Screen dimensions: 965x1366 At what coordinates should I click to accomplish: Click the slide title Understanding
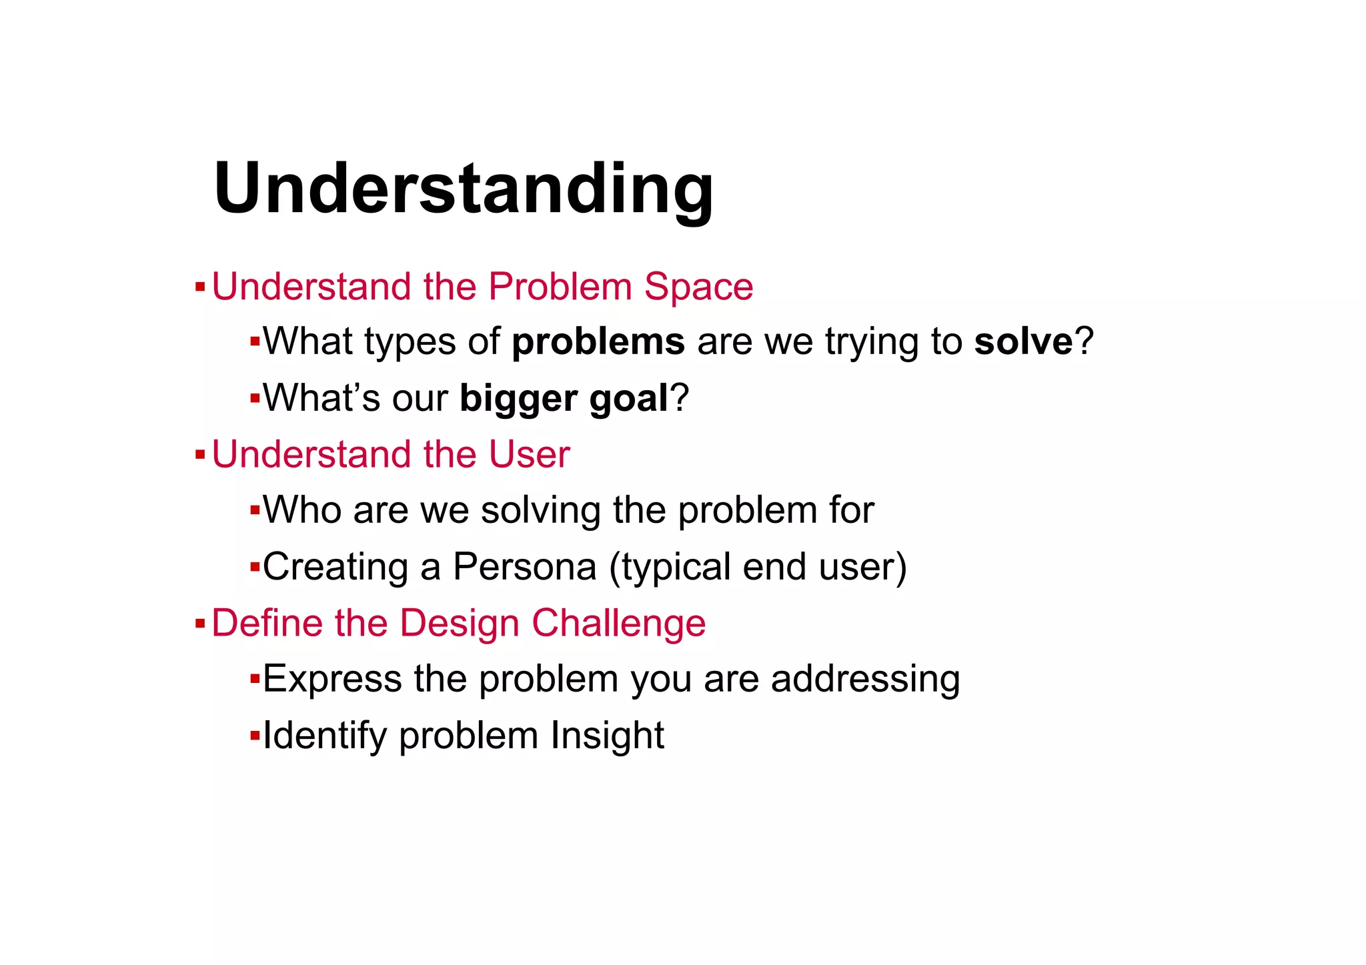coord(464,189)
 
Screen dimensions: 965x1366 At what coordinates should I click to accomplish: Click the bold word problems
coord(598,342)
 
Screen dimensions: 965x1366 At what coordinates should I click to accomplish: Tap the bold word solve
coord(1022,342)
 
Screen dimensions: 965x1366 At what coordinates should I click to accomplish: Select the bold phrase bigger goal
coord(564,399)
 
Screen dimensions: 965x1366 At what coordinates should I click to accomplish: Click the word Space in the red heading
coord(698,287)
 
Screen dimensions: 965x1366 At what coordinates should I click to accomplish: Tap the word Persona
coord(524,568)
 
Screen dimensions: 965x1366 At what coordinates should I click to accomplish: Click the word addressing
coord(865,680)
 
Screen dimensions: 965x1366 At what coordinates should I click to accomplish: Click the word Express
coord(332,680)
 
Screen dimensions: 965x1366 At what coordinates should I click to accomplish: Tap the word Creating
coord(335,568)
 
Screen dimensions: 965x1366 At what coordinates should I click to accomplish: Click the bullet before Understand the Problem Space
coord(199,288)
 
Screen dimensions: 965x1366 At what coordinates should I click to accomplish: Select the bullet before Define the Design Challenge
coord(199,624)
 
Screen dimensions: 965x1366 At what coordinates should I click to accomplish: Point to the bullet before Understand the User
coord(199,455)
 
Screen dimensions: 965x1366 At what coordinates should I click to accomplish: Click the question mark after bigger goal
coord(680,399)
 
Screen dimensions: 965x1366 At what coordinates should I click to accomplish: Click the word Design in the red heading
coord(459,624)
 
